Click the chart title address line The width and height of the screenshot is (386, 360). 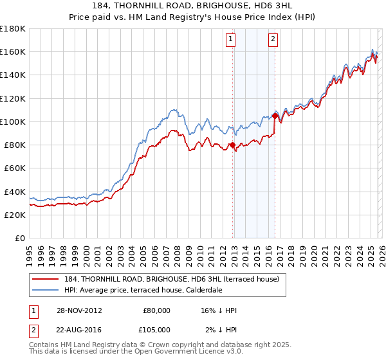193,6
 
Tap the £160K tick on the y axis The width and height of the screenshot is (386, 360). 13,51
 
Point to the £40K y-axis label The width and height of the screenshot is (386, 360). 14,192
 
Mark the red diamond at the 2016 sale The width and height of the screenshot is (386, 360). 275,116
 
